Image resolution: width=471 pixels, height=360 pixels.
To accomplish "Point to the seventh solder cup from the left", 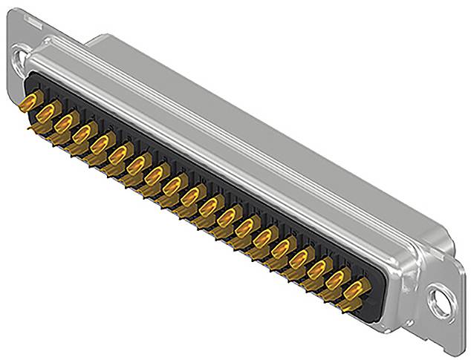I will pos(137,163).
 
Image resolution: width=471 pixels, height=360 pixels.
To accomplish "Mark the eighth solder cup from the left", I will pos(155,174).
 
